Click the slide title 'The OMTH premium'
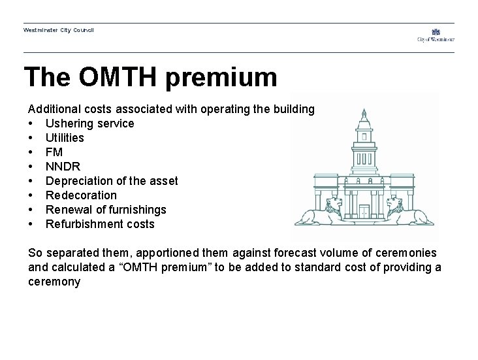pyautogui.click(x=150, y=77)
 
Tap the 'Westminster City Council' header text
pyautogui.click(x=59, y=30)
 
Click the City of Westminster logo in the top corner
pyautogui.click(x=436, y=35)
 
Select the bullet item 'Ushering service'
pyautogui.click(x=89, y=123)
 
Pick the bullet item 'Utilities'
pyautogui.click(x=65, y=138)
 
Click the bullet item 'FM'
pyautogui.click(x=54, y=152)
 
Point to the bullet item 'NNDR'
pyautogui.click(x=63, y=167)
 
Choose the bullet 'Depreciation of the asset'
pyautogui.click(x=111, y=181)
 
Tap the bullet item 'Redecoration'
pyautogui.click(x=81, y=195)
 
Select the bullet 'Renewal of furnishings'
pyautogui.click(x=106, y=210)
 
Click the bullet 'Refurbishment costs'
pyautogui.click(x=100, y=224)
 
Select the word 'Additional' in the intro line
pyautogui.click(x=52, y=109)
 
